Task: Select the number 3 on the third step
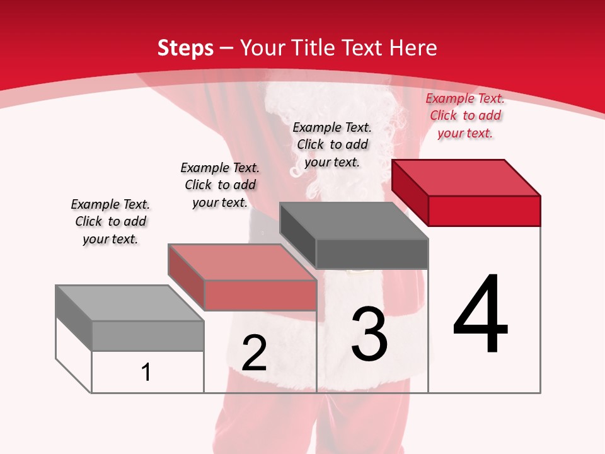point(369,334)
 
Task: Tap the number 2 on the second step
point(255,353)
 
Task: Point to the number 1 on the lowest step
point(146,372)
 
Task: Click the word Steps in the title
point(185,48)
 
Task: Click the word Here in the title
point(414,48)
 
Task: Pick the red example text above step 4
point(465,115)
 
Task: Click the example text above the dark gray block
point(332,144)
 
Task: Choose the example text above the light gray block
point(110,221)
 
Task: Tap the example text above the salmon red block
point(220,185)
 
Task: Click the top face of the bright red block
point(466,177)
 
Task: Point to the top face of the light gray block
point(130,303)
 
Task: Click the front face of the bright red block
point(484,211)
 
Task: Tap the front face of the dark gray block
point(372,254)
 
